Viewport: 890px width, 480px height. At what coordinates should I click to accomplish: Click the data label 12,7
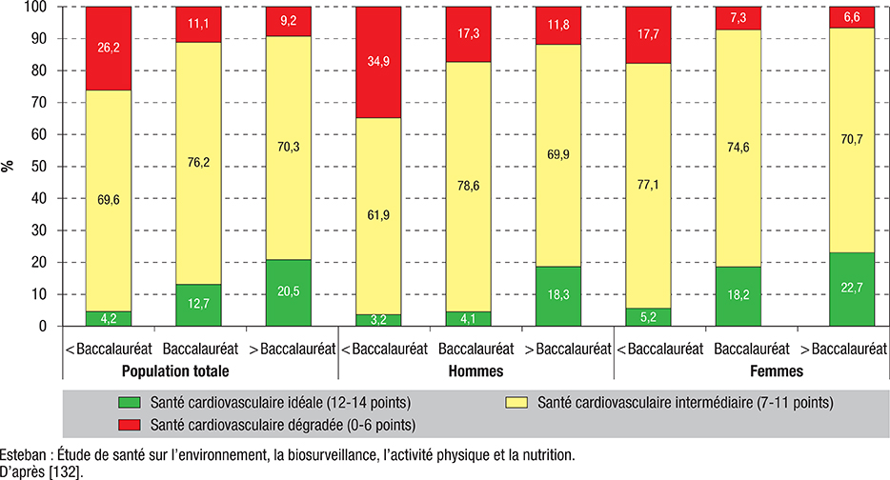[197, 305]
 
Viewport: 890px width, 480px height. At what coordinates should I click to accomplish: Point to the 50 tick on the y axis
[40, 167]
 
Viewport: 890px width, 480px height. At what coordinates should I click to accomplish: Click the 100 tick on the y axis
[37, 7]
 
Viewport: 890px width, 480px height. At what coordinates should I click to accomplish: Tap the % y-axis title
[9, 167]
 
